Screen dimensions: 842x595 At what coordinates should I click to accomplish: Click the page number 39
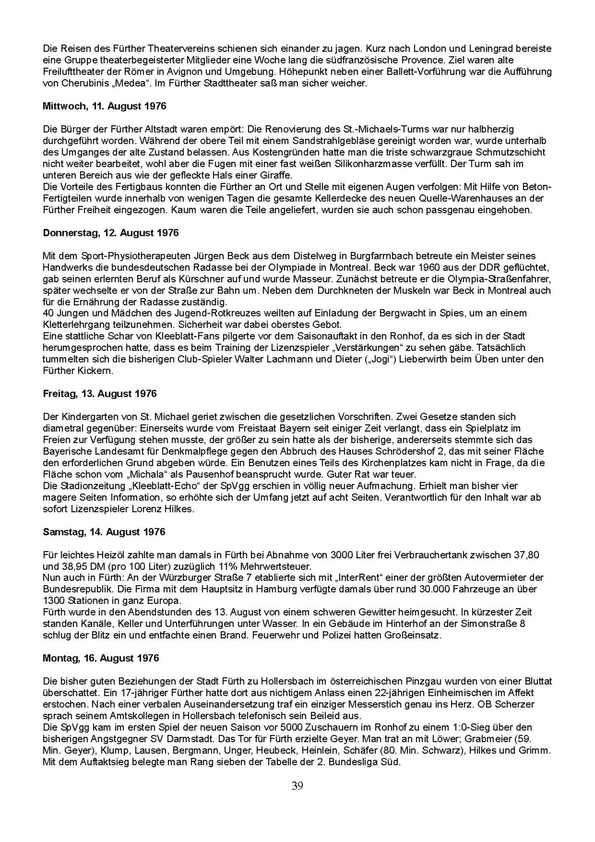[x=297, y=786]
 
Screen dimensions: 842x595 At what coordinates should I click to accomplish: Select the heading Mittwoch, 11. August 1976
[x=105, y=106]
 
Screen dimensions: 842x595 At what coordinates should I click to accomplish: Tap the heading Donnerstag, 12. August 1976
[x=111, y=233]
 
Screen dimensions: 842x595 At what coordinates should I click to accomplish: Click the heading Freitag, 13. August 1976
[x=100, y=394]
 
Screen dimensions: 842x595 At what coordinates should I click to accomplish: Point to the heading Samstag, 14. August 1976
[x=104, y=532]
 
